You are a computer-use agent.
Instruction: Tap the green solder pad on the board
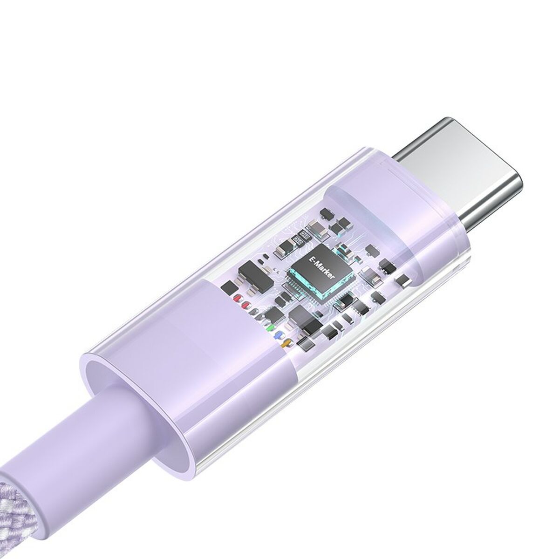tap(270, 327)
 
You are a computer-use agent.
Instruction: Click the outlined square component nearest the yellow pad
tap(306, 343)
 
